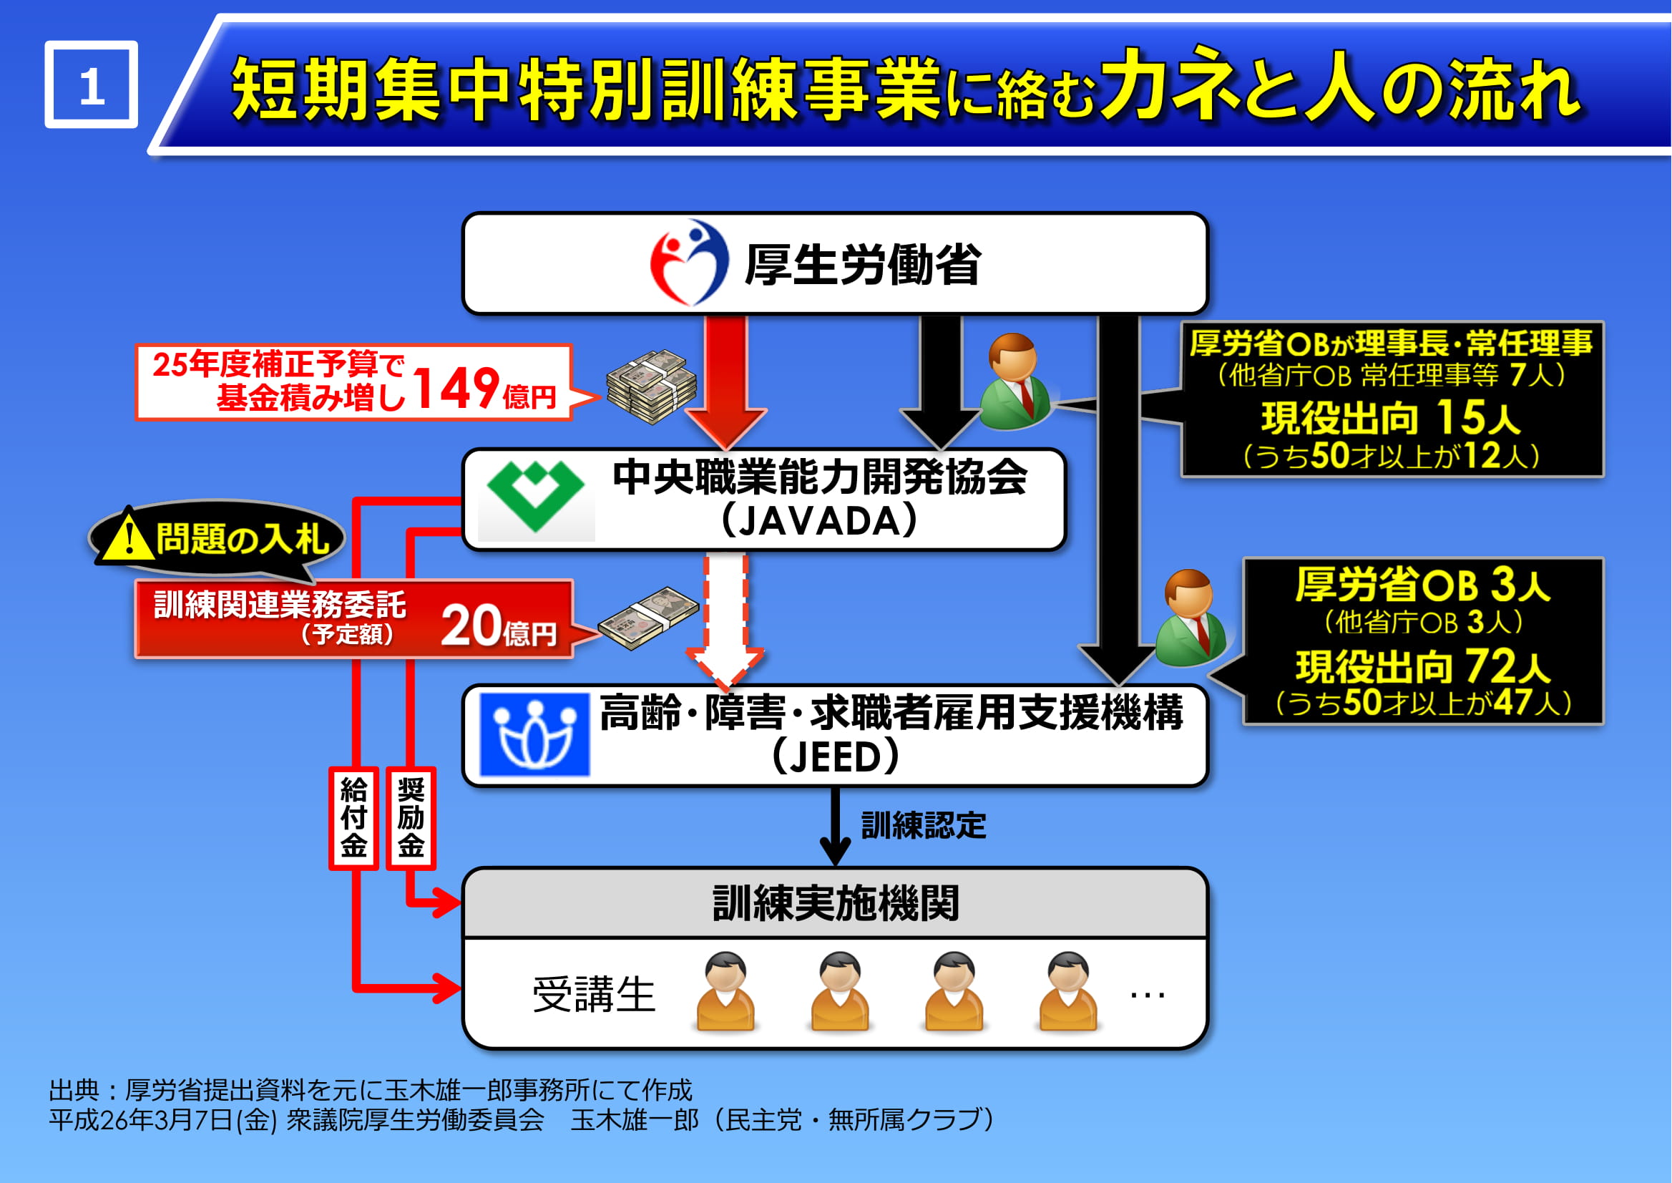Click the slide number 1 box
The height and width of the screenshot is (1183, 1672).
[x=92, y=84]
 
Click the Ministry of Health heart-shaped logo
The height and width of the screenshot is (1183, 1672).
[x=688, y=263]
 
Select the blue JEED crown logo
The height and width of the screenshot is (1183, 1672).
[x=534, y=734]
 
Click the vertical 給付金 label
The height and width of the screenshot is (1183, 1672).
[x=354, y=818]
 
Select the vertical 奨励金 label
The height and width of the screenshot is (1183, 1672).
[x=411, y=818]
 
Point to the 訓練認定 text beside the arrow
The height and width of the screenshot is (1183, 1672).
[x=924, y=825]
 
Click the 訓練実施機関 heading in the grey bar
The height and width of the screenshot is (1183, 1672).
[x=835, y=903]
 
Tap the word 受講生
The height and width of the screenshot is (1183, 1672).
[x=595, y=994]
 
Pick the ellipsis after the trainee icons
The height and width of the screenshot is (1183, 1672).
[x=1148, y=994]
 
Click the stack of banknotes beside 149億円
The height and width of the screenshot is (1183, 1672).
[x=651, y=386]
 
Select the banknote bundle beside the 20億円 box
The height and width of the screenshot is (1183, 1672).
[x=647, y=618]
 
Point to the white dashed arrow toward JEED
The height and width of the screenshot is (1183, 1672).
[x=725, y=621]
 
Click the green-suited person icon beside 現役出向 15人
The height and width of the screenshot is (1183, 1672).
[x=1015, y=381]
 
